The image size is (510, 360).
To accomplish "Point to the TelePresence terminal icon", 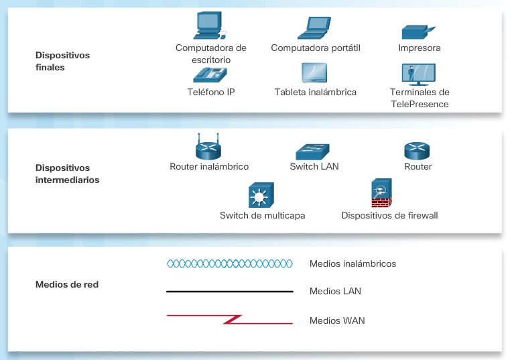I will point(419,74).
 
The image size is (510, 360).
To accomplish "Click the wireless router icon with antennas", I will point(208,146).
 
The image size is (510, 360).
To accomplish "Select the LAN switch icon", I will point(313,151).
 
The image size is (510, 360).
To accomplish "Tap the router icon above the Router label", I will point(417,150).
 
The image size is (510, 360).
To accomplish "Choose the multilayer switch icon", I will point(258,196).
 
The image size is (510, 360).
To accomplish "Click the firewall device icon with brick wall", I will point(381,194).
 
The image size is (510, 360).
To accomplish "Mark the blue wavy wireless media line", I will point(230,263).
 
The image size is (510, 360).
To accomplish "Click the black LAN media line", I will point(230,292).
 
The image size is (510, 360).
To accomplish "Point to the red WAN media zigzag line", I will point(230,319).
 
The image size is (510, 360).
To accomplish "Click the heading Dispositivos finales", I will point(62,61).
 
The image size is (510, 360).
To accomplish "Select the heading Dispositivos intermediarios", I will point(67,174).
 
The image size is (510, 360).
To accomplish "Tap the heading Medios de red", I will point(67,284).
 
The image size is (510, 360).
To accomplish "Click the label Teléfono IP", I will point(211,92).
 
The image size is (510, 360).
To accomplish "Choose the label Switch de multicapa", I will point(263,215).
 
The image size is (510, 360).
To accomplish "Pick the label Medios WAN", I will point(337,320).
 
